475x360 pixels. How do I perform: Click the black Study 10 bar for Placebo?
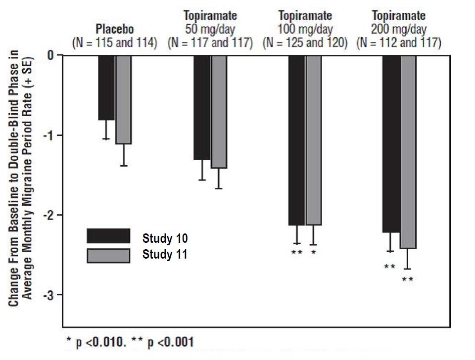106,88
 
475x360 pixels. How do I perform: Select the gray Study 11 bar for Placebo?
124,99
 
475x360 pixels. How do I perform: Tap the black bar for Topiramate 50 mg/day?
202,107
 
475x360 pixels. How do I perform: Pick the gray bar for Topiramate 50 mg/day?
219,112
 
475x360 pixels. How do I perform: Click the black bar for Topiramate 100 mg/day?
297,140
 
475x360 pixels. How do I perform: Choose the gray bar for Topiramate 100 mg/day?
314,140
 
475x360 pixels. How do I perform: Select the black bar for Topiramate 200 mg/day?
391,143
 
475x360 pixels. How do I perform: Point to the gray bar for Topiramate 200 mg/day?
408,151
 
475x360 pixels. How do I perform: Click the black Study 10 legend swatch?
108,236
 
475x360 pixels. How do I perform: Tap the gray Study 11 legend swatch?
108,255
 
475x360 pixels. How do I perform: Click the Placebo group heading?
115,29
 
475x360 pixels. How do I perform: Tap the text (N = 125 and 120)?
305,43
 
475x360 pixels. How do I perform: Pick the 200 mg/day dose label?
399,29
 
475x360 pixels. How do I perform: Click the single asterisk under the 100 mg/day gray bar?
313,253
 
